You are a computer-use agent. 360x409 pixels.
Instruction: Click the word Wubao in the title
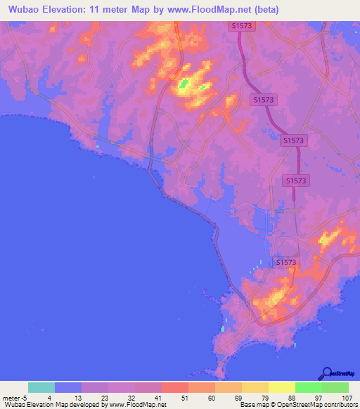tap(23, 10)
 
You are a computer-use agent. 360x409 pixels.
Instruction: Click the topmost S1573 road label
tap(241, 25)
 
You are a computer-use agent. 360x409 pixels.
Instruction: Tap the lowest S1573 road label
tap(286, 262)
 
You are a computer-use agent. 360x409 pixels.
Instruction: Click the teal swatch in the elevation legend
tap(41, 387)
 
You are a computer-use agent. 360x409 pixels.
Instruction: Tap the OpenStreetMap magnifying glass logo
tap(327, 373)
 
